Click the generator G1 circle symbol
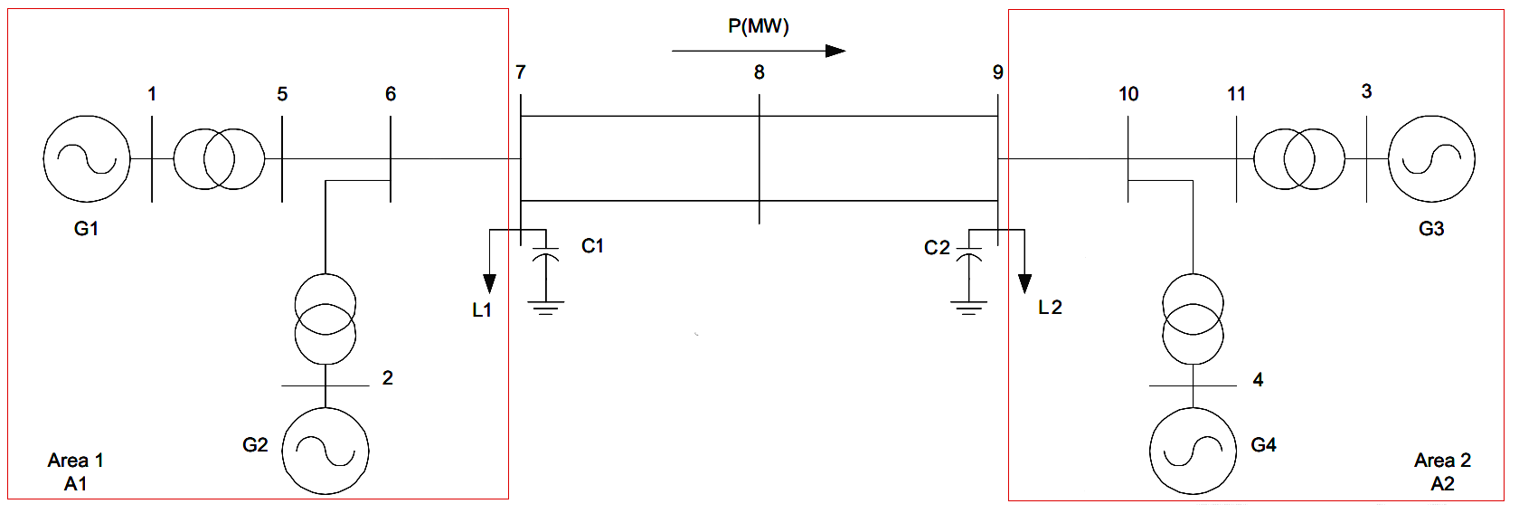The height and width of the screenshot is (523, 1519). point(87,158)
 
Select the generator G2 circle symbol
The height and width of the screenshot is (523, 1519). point(325,451)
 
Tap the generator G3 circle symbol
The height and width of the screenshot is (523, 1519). point(1431,158)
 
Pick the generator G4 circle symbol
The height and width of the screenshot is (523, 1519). point(1193,451)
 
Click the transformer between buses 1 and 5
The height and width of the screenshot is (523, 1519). point(219,158)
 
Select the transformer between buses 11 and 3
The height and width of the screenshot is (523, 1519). point(1299,158)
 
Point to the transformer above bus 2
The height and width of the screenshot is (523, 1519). point(325,319)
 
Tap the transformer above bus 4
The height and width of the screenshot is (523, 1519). point(1193,319)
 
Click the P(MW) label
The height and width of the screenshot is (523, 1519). point(758,26)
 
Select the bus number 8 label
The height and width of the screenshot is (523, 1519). point(759,72)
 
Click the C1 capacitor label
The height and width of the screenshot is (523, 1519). point(592,246)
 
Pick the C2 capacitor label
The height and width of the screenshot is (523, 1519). point(937,248)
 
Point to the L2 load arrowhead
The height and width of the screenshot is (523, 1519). point(1024,284)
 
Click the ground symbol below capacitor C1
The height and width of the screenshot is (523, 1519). point(545,308)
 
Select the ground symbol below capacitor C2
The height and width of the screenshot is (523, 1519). point(968,308)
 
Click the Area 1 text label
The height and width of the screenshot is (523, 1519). point(76,461)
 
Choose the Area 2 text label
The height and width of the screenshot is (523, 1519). point(1442,461)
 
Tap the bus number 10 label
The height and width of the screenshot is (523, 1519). point(1128,94)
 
